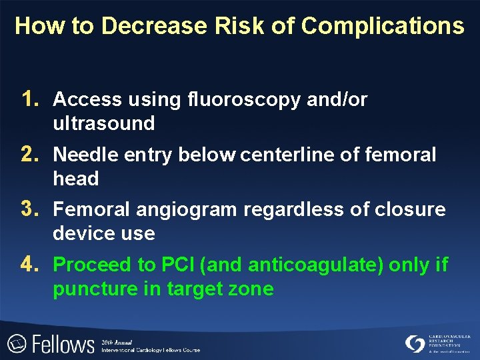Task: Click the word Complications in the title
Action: [x=382, y=26]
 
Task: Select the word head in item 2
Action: [x=76, y=179]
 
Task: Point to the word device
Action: [x=81, y=233]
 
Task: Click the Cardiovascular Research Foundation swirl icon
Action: [x=415, y=343]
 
